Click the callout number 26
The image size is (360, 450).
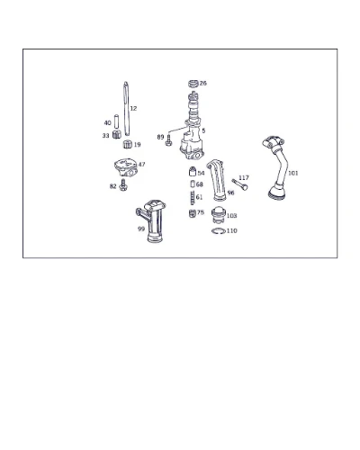pyautogui.click(x=203, y=83)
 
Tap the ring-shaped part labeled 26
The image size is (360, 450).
pyautogui.click(x=193, y=84)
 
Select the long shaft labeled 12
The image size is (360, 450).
pyautogui.click(x=127, y=109)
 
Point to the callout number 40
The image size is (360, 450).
pyautogui.click(x=107, y=122)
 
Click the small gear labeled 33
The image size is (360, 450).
pyautogui.click(x=117, y=134)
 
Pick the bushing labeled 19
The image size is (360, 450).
pyautogui.click(x=128, y=144)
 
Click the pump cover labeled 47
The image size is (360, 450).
pyautogui.click(x=126, y=167)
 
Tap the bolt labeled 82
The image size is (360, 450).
pyautogui.click(x=123, y=185)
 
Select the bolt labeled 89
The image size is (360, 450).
pyautogui.click(x=168, y=140)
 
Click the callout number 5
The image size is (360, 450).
pyautogui.click(x=203, y=130)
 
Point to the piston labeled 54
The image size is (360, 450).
pyautogui.click(x=193, y=171)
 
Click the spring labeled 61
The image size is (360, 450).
pyautogui.click(x=193, y=198)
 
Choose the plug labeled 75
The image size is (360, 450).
pyautogui.click(x=193, y=213)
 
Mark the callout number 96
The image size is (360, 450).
pyautogui.click(x=230, y=193)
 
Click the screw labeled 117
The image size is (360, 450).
pyautogui.click(x=240, y=184)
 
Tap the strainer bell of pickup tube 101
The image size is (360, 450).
pyautogui.click(x=276, y=193)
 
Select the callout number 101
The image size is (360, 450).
pyautogui.click(x=293, y=173)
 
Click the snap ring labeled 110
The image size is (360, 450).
pyautogui.click(x=219, y=231)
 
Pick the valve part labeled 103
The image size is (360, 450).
pyautogui.click(x=218, y=216)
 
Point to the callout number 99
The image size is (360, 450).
pyautogui.click(x=141, y=229)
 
